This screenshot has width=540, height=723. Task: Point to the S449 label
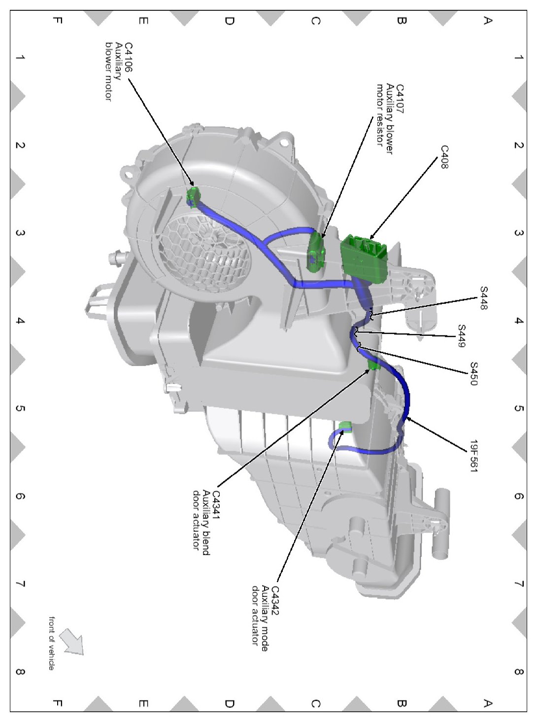(x=461, y=336)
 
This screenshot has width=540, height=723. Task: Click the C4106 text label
(x=128, y=58)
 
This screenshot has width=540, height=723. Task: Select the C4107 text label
(x=400, y=99)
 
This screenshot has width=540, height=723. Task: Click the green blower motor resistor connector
(x=316, y=252)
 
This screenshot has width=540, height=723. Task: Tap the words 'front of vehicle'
(x=51, y=643)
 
